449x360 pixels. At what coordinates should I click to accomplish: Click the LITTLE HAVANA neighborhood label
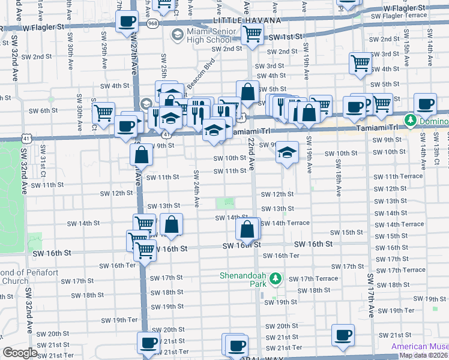(238, 20)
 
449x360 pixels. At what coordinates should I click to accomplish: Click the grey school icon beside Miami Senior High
(177, 35)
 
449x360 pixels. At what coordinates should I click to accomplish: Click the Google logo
(20, 353)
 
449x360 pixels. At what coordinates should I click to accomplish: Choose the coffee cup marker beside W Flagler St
(126, 23)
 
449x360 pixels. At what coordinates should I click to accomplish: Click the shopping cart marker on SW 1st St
(252, 35)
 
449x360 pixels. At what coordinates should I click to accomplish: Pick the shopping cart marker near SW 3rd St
(360, 62)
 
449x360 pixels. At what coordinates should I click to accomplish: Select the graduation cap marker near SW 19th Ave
(288, 152)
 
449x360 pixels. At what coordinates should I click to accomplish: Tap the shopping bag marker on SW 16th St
(247, 229)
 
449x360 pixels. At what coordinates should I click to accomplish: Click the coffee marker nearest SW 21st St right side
(343, 335)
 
